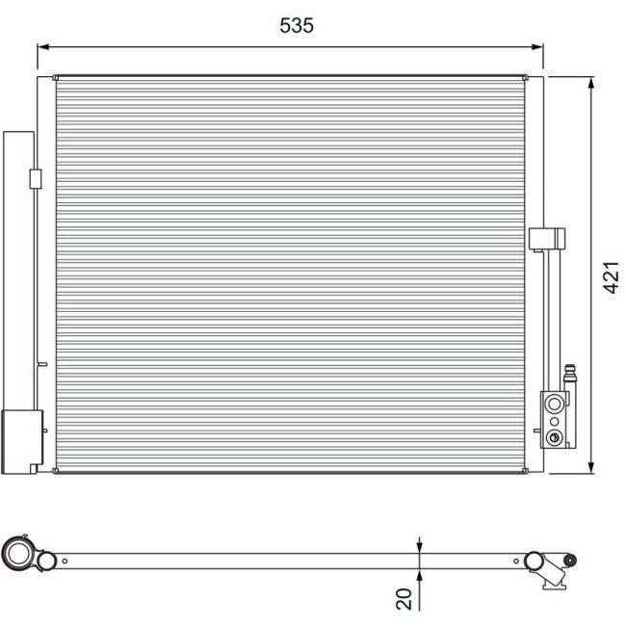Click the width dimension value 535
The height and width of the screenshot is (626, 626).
click(297, 26)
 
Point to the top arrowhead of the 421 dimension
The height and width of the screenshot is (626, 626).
click(590, 82)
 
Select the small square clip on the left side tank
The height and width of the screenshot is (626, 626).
click(36, 178)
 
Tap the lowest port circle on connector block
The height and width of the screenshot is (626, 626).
click(553, 438)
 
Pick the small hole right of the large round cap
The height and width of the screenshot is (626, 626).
click(65, 560)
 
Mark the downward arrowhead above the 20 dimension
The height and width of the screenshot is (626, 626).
click(420, 544)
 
